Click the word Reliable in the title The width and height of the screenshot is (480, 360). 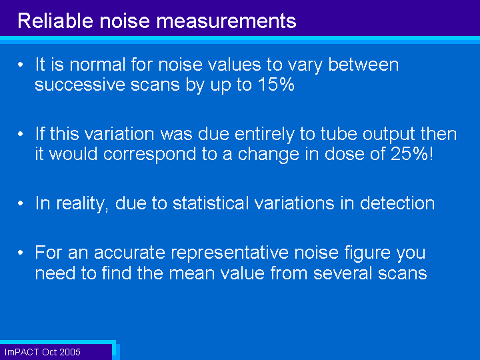click(55, 21)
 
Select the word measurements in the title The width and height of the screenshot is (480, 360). click(226, 21)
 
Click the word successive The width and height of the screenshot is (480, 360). click(80, 85)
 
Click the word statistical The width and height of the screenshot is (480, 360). click(211, 203)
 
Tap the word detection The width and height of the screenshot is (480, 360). click(397, 203)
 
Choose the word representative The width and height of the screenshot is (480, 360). click(229, 252)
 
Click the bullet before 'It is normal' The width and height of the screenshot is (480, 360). click(21, 65)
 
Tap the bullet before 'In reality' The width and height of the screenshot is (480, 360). click(21, 203)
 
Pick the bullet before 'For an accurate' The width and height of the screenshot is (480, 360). click(21, 253)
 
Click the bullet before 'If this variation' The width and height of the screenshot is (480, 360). click(21, 134)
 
